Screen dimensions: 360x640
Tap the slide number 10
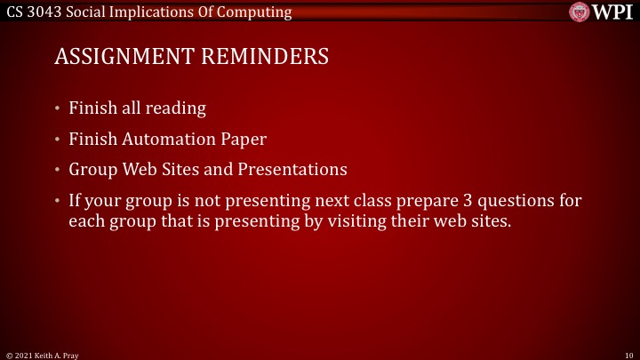[628, 354]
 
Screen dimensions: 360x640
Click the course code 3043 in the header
[42, 12]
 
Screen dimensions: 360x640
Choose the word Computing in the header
[258, 12]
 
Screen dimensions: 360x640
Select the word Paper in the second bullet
[244, 139]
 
